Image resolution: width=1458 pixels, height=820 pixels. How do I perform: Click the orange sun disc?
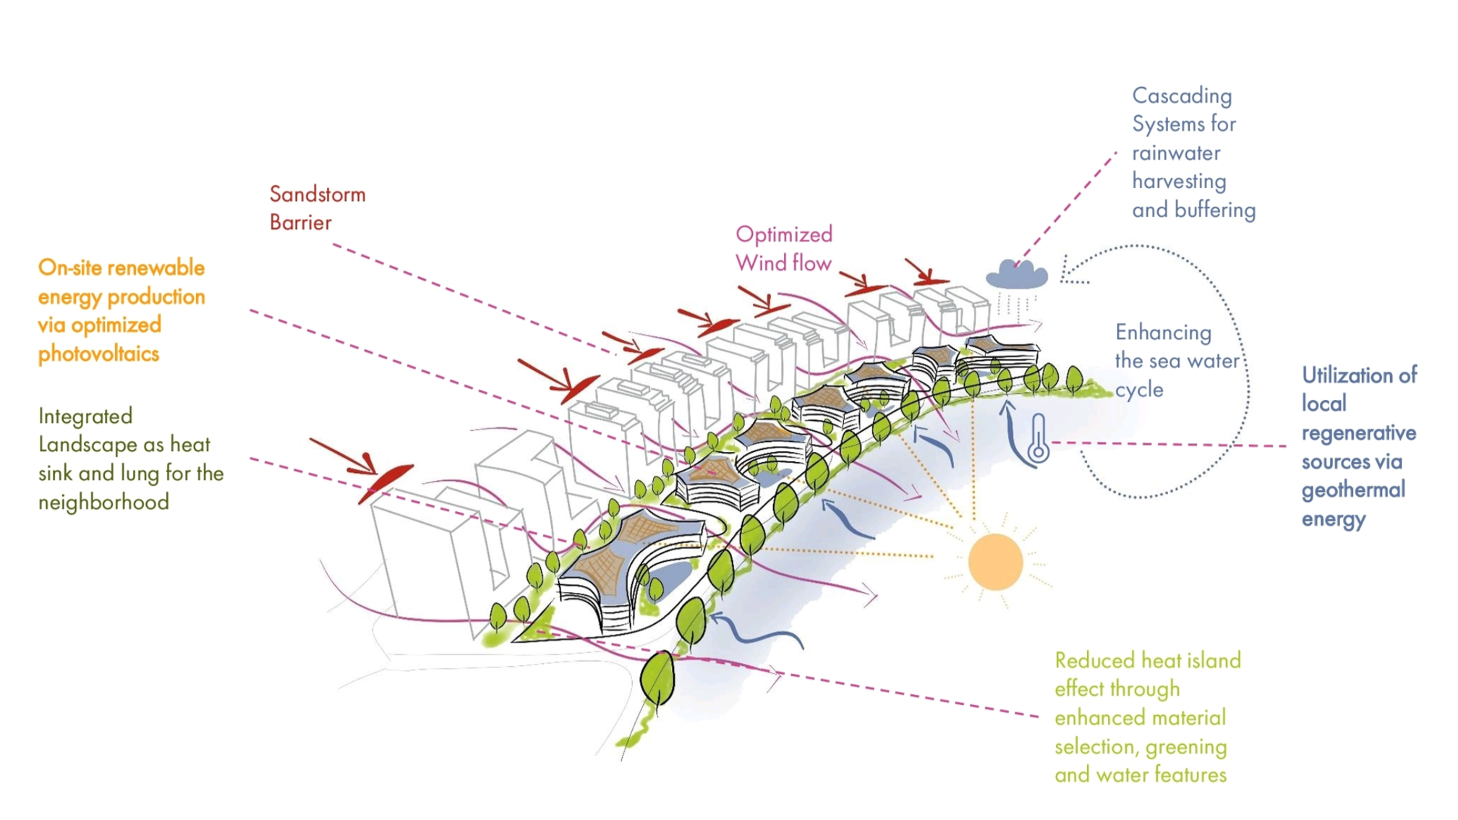(x=995, y=562)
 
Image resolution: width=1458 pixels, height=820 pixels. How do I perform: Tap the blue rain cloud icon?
(x=1017, y=275)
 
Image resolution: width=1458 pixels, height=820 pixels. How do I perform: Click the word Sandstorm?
(x=317, y=195)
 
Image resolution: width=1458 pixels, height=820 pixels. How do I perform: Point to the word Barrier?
(x=300, y=223)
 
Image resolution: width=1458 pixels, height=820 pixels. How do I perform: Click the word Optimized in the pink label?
(x=784, y=235)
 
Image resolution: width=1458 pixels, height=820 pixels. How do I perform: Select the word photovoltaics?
(x=98, y=354)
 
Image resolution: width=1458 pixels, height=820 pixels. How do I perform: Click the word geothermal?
(x=1353, y=490)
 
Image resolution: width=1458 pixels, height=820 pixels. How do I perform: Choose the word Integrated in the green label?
(x=85, y=417)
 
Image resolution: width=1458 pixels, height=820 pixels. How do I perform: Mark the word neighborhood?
(x=103, y=503)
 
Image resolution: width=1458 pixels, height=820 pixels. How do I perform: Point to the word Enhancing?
(x=1163, y=333)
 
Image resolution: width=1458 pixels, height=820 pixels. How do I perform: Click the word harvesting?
(x=1179, y=181)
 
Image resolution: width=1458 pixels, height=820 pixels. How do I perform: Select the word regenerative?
(x=1359, y=433)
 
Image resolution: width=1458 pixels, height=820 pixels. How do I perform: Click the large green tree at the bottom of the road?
(x=657, y=680)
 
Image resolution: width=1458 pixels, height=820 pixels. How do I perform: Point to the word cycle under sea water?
(x=1139, y=390)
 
